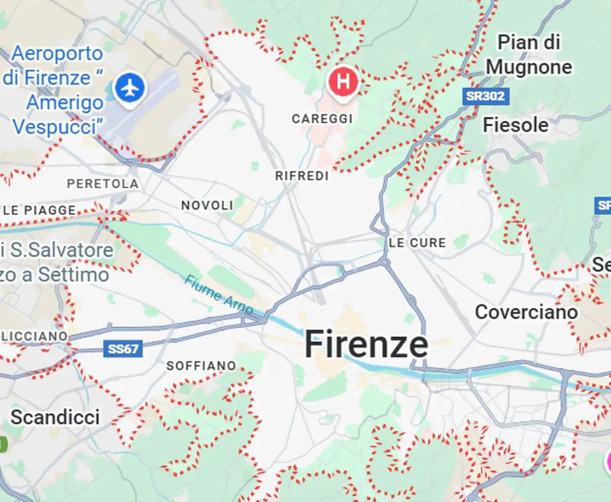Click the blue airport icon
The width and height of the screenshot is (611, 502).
(129, 88)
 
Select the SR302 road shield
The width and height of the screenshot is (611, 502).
(485, 96)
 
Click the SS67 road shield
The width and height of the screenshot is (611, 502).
(123, 349)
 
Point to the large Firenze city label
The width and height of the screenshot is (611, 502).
(366, 344)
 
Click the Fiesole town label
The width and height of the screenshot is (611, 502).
(515, 125)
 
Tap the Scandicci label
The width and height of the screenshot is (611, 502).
(55, 417)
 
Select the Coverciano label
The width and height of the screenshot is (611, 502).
(526, 312)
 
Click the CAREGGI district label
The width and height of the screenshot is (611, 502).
(322, 119)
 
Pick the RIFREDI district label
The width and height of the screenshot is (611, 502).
(302, 176)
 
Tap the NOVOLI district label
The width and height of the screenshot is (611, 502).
(207, 206)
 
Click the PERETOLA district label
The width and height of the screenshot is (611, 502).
(103, 184)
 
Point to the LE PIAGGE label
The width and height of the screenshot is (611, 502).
(40, 210)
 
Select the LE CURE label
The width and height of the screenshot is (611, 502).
(417, 243)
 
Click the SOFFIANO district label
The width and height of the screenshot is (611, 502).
(201, 366)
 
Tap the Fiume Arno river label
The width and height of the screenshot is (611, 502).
(219, 295)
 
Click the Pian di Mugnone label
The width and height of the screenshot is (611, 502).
(529, 55)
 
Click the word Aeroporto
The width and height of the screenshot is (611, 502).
(57, 54)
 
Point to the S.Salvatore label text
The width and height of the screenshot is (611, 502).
(62, 250)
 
